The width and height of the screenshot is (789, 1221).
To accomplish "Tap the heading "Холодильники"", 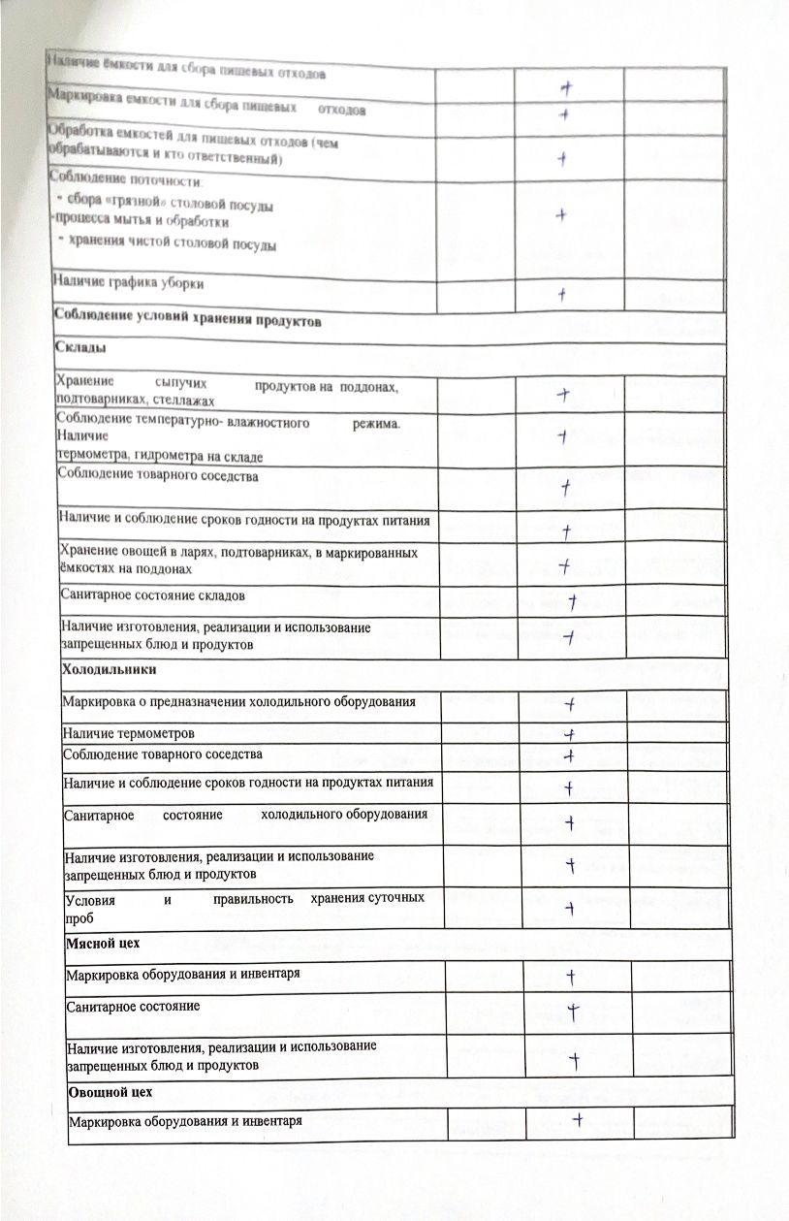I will tap(110, 670).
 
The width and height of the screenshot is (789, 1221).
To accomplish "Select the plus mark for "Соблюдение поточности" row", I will tap(560, 215).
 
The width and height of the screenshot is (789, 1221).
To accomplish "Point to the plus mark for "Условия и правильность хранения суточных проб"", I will tap(572, 908).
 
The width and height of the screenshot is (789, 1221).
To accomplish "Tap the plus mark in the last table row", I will tap(578, 1120).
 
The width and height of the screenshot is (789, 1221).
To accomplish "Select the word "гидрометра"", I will tap(167, 456).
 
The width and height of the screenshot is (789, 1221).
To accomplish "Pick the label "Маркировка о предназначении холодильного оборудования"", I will tap(240, 700).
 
